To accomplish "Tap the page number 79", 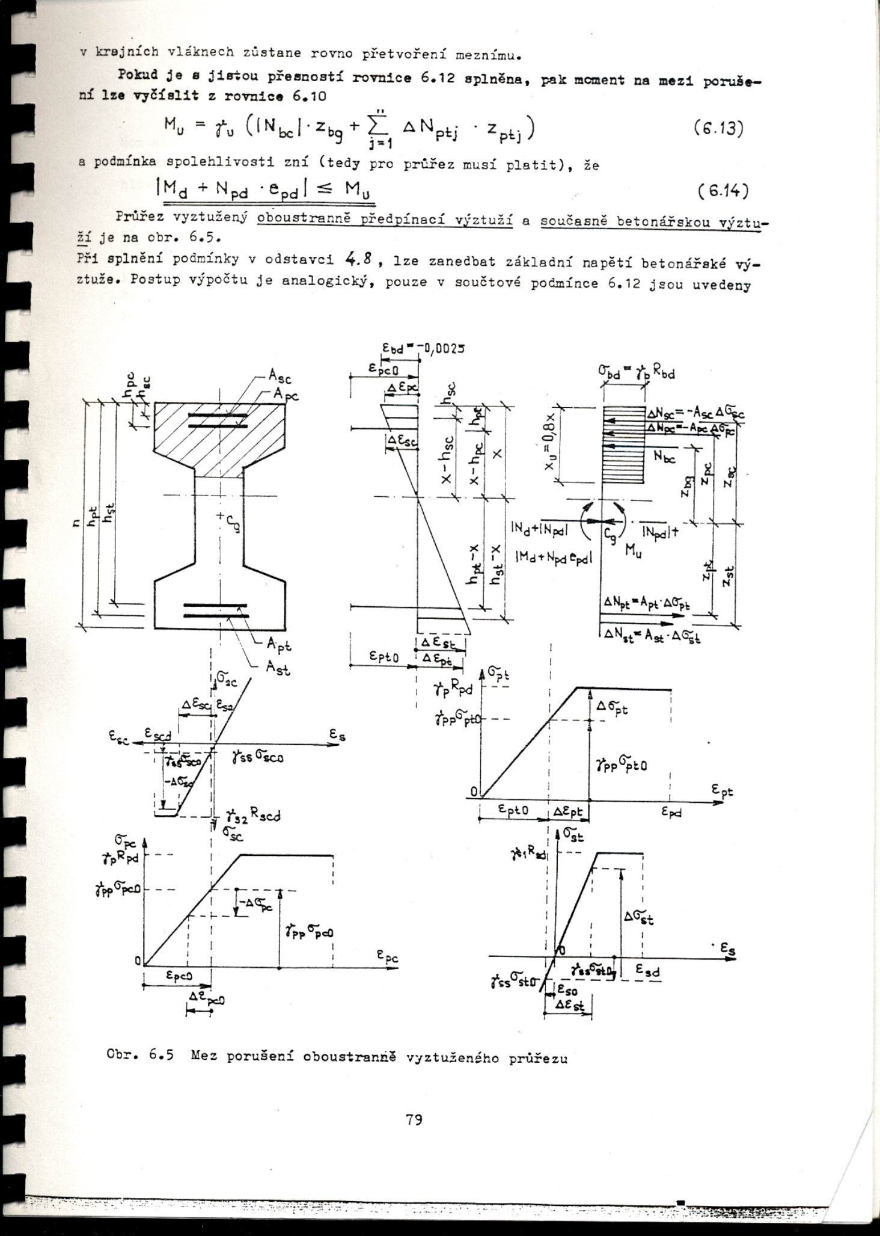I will coord(414,1119).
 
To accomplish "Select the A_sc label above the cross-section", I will coord(280,377).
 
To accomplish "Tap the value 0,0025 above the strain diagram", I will coord(444,348).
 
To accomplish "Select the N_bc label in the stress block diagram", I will coord(664,458).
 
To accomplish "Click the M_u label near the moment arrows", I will coord(633,550).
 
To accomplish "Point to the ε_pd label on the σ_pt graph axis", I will coord(671,811).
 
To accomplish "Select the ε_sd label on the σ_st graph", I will coord(648,970).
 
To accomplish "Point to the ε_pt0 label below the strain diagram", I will coord(384,657).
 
